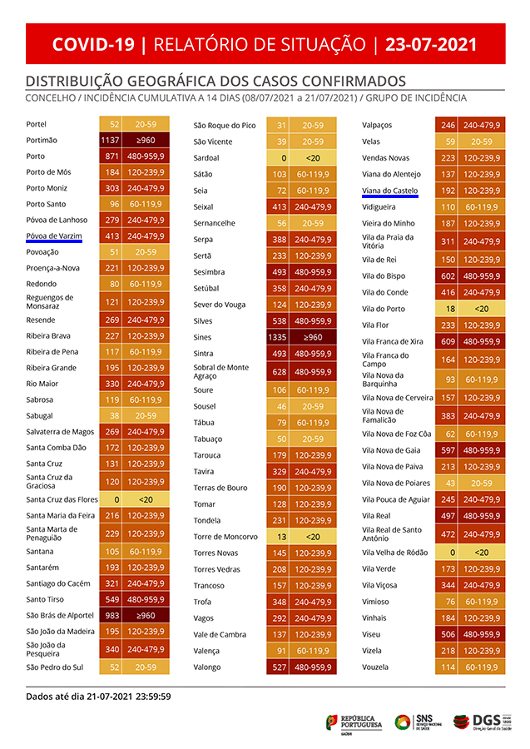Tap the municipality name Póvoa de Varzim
coord(54,236)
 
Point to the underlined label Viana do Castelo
coord(390,191)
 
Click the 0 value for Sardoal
coord(282,157)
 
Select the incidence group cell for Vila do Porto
coord(482,309)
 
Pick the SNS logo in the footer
coord(414,721)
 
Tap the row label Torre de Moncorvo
coord(225,537)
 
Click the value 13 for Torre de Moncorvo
coord(282,537)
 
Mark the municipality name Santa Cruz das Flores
coord(62,499)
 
